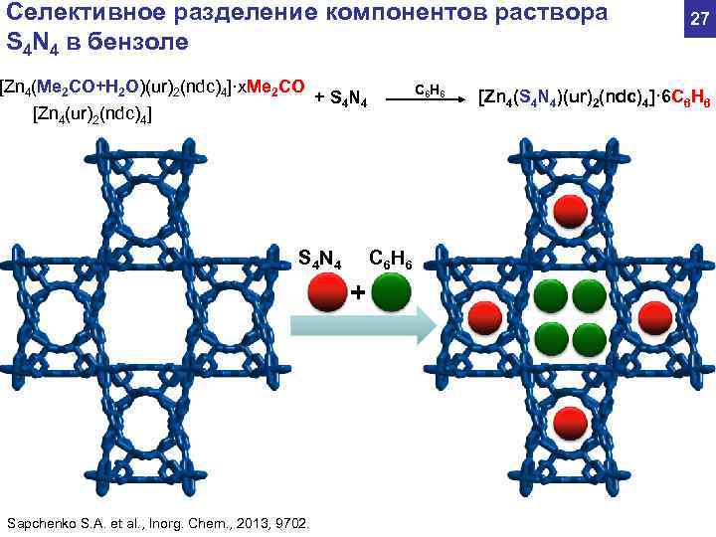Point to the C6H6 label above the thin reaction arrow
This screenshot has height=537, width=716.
tap(435, 92)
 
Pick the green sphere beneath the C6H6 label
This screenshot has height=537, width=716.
tap(390, 293)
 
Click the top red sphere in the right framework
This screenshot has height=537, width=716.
tap(568, 210)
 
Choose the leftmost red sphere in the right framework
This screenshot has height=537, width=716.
tap(484, 316)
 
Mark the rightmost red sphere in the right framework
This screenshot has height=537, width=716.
tap(653, 316)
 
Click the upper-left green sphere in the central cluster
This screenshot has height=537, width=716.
tap(549, 295)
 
